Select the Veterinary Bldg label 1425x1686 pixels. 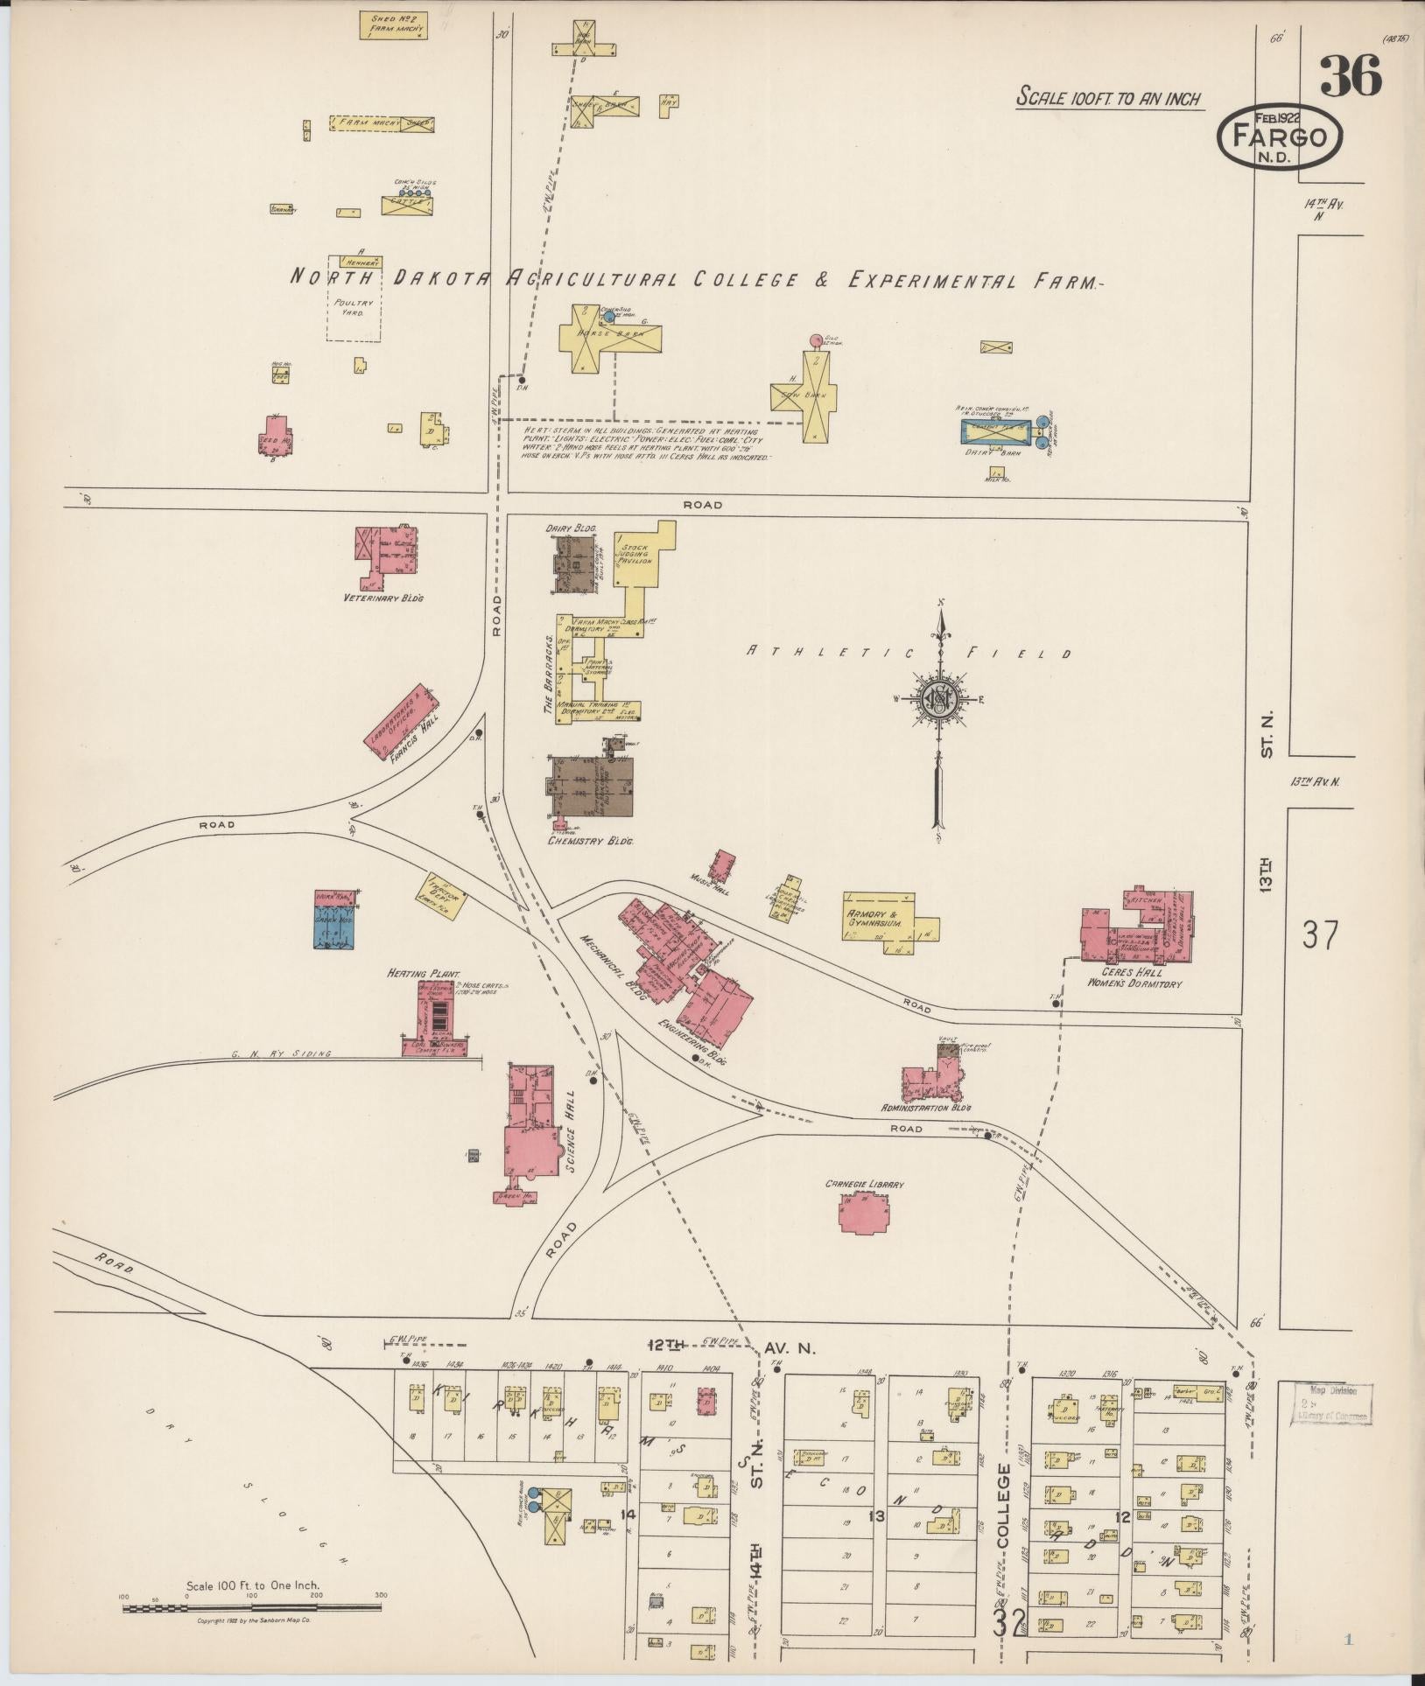point(383,598)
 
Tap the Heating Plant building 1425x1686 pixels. point(439,1019)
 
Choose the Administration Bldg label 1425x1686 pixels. point(926,1107)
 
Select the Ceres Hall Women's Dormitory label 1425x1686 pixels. point(1134,977)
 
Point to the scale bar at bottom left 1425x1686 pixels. point(251,1606)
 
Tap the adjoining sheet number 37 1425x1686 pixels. point(1319,934)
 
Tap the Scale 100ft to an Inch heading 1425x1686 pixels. point(1109,98)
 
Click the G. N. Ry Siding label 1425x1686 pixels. point(282,1054)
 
